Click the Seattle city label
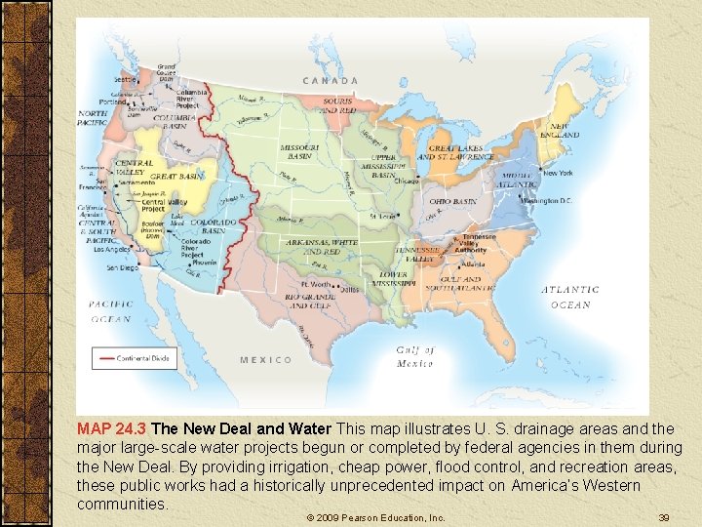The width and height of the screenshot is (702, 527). pyautogui.click(x=125, y=79)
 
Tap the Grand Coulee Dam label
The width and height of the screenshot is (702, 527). pyautogui.click(x=167, y=72)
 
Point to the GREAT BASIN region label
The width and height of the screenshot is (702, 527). pyautogui.click(x=176, y=177)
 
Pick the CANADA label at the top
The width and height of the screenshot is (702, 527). pyautogui.click(x=330, y=80)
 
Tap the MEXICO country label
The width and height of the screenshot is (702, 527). pyautogui.click(x=265, y=360)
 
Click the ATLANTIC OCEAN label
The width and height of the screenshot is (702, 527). pyautogui.click(x=570, y=297)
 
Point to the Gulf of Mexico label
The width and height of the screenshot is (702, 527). pyautogui.click(x=415, y=356)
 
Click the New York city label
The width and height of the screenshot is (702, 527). pyautogui.click(x=558, y=174)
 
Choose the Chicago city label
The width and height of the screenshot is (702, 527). pyautogui.click(x=407, y=182)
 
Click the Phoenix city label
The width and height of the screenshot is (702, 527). pyautogui.click(x=205, y=262)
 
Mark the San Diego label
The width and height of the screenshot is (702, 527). pyautogui.click(x=123, y=266)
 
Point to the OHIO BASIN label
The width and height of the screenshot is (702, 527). pyautogui.click(x=452, y=201)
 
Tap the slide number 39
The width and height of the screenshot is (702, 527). pyautogui.click(x=663, y=517)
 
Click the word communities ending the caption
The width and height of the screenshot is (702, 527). pyautogui.click(x=122, y=504)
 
